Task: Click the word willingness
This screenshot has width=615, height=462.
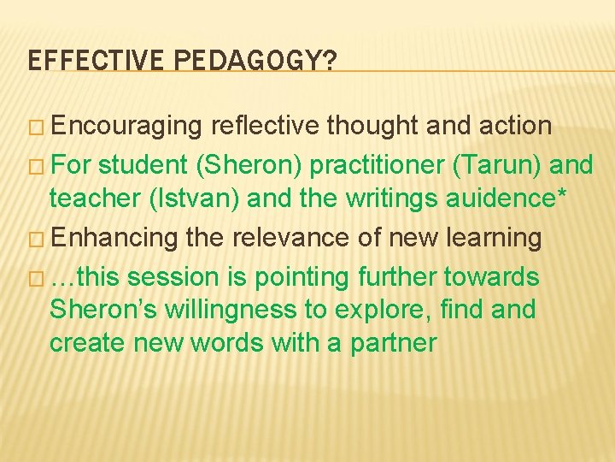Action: coord(225,308)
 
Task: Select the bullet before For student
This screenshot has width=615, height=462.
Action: coord(36,164)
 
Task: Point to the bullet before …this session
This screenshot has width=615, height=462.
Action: coord(36,277)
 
